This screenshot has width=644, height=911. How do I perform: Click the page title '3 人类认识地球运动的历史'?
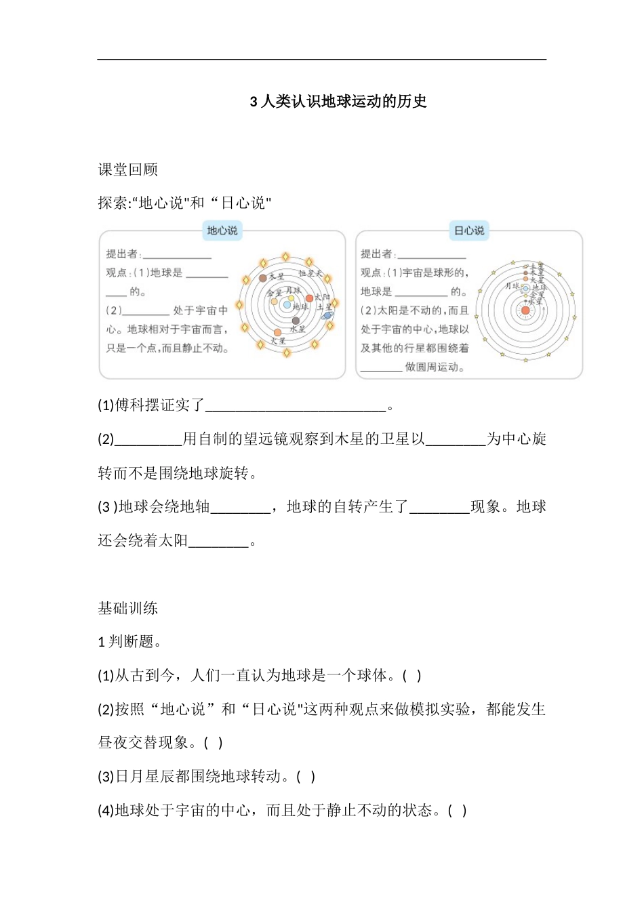tap(338, 102)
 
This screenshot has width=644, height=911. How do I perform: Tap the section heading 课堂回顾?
tap(127, 170)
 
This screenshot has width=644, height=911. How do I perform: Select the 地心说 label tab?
tap(222, 230)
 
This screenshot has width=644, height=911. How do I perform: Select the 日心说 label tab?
tap(469, 230)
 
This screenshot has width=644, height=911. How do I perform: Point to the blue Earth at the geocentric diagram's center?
tap(287, 306)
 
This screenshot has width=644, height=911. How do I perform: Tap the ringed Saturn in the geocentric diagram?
tap(328, 315)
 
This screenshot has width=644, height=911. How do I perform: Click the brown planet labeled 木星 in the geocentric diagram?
tap(263, 278)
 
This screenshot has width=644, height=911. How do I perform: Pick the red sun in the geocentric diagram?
tap(310, 298)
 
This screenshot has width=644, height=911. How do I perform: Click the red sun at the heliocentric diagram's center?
tap(525, 310)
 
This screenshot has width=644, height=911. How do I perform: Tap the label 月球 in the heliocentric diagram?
tap(512, 286)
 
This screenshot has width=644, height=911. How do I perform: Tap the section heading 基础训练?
tap(127, 609)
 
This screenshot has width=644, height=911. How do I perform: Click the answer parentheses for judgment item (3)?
tap(306, 777)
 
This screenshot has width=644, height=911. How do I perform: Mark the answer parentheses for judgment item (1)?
tap(412, 676)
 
